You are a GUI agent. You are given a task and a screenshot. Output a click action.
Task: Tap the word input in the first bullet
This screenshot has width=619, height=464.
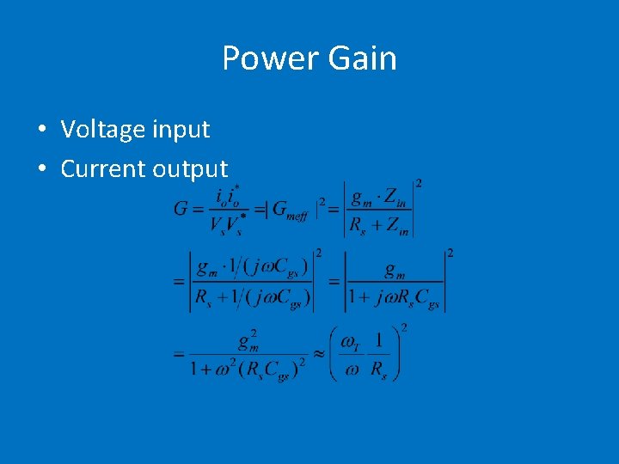tap(181, 130)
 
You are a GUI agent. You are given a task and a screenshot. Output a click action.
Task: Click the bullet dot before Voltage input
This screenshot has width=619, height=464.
tap(41, 130)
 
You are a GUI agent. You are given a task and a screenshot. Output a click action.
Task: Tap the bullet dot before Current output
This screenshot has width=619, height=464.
tap(41, 169)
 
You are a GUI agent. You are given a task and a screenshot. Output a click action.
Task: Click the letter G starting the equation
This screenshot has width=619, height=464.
tap(181, 209)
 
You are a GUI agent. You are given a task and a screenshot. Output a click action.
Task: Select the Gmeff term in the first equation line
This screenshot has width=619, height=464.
tap(293, 209)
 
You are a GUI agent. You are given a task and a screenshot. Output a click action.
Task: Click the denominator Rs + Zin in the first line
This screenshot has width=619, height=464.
tap(379, 226)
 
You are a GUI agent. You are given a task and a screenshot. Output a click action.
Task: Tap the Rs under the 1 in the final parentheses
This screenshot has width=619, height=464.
tap(379, 369)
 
